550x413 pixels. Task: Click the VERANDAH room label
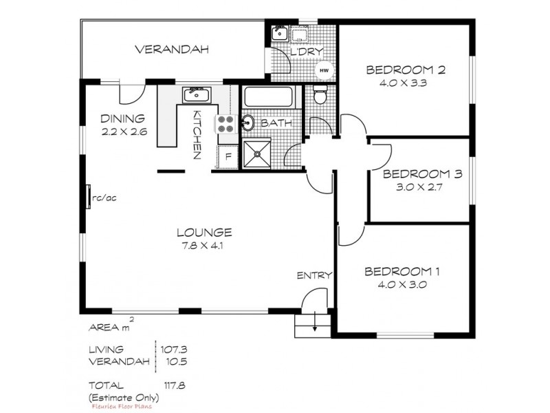coord(171,50)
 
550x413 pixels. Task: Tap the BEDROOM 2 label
coord(405,70)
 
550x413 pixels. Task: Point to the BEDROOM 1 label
coord(403,271)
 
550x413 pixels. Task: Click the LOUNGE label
coord(203,232)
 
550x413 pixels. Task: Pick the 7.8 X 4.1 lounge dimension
coord(203,244)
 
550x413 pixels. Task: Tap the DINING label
coord(122,118)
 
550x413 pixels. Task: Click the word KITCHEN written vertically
coord(197,135)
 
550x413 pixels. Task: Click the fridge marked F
coord(228,156)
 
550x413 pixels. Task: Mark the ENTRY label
coord(314,275)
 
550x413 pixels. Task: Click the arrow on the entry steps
coord(315,324)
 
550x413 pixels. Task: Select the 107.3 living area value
coord(173,349)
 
